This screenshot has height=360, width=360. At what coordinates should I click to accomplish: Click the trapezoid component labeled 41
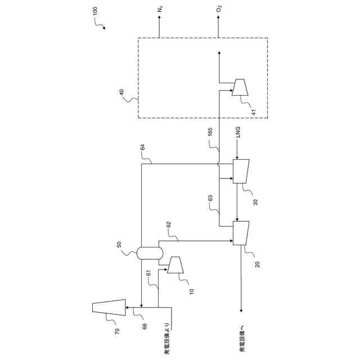(x=240, y=88)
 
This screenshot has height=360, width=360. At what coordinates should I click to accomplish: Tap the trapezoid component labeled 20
(x=240, y=233)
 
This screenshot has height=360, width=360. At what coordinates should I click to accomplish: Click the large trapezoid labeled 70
(x=109, y=307)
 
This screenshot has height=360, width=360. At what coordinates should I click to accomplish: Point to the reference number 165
(x=210, y=135)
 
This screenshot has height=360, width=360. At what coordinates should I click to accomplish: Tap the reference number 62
(x=168, y=225)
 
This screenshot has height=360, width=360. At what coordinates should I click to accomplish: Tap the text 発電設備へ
(x=242, y=340)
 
